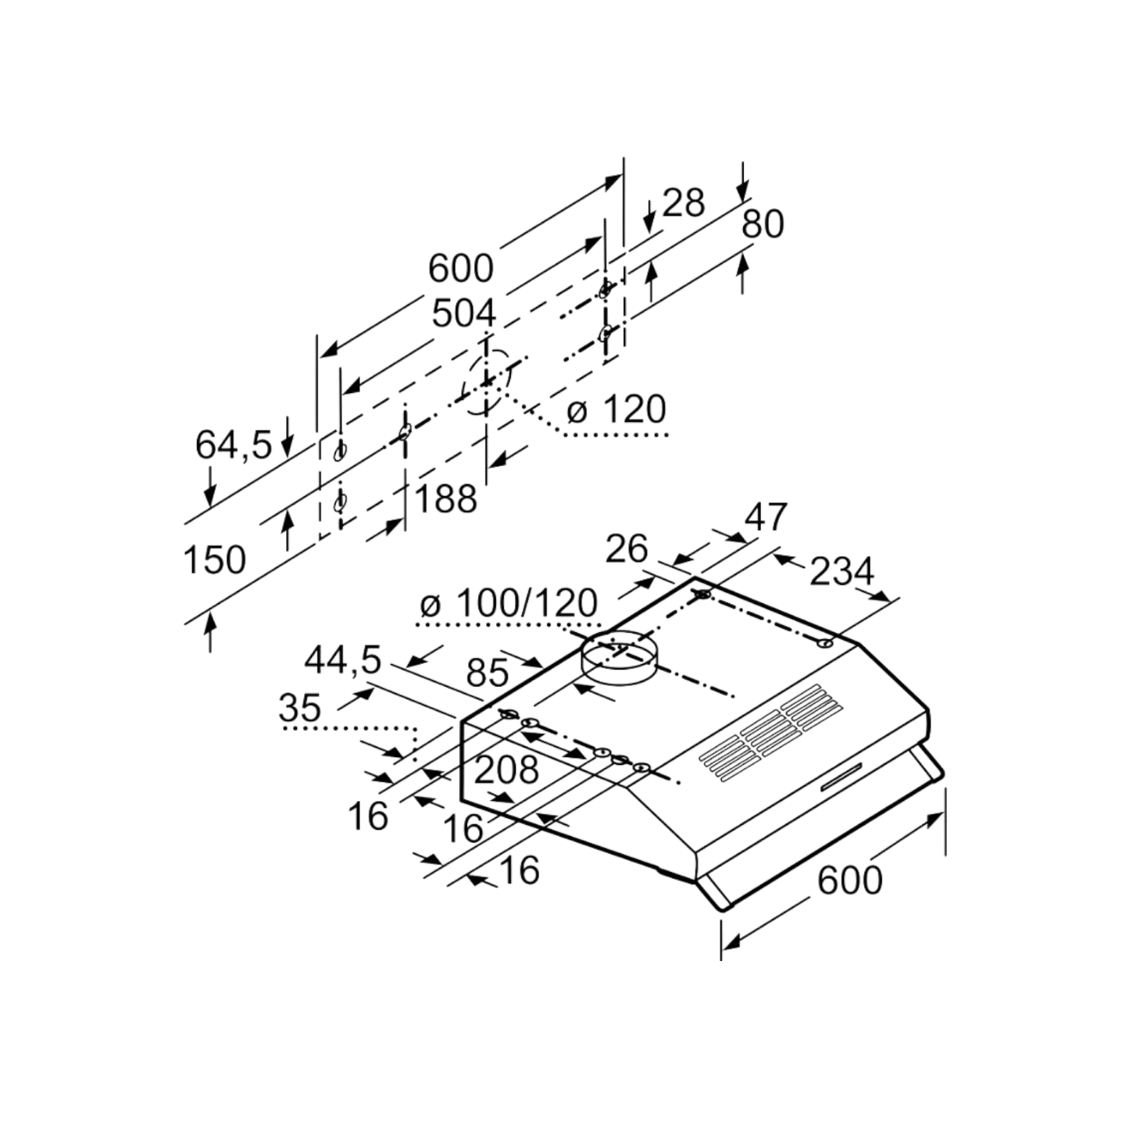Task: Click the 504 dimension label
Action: coord(464,315)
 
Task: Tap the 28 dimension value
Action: coord(683,203)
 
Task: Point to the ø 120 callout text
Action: coord(616,409)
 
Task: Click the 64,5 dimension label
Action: coord(234,445)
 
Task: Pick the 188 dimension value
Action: coord(446,500)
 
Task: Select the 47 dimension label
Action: coord(766,517)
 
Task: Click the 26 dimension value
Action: coord(627,549)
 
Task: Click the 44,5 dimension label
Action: coord(343,661)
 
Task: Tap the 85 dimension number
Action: coord(487,673)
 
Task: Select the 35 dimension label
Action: coord(300,708)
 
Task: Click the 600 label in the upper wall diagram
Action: coord(461,269)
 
